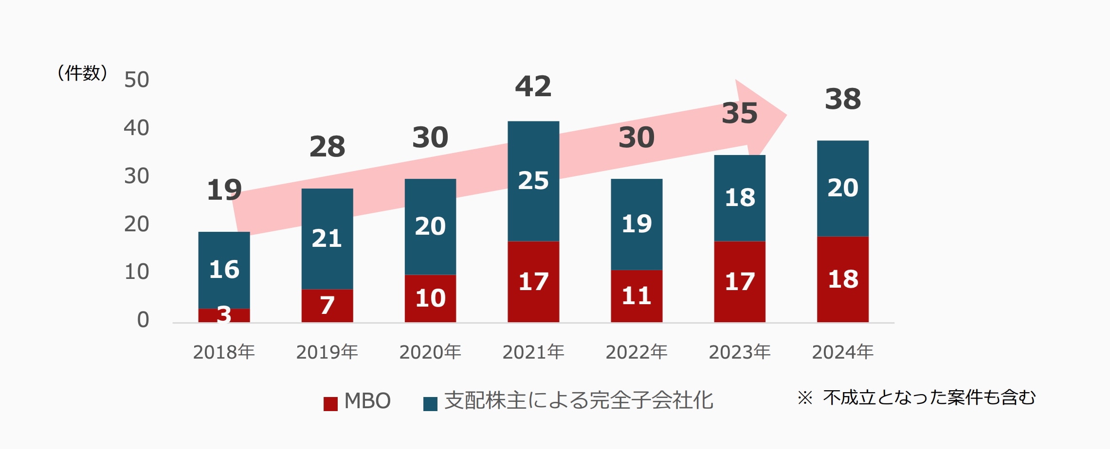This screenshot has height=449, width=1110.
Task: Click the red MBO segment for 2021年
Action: click(x=533, y=281)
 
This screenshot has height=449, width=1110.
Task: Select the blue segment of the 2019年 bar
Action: click(x=327, y=238)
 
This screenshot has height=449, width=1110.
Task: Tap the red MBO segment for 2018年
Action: click(x=224, y=315)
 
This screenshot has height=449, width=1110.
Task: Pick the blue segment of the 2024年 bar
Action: click(x=842, y=188)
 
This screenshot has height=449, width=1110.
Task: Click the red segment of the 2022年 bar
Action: click(x=637, y=295)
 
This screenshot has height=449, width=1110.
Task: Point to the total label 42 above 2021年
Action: click(x=533, y=86)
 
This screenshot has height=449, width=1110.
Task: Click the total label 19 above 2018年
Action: click(x=224, y=190)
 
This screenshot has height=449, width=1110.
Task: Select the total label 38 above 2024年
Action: click(x=843, y=99)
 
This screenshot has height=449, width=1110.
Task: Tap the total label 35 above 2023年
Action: click(x=740, y=113)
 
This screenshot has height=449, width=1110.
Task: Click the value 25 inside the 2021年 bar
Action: click(x=533, y=181)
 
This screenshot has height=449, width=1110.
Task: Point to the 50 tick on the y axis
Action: click(x=136, y=80)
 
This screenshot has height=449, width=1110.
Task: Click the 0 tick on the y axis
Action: click(x=143, y=320)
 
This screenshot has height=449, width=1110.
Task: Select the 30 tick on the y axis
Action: click(x=136, y=176)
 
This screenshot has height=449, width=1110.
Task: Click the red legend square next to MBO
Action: click(x=330, y=404)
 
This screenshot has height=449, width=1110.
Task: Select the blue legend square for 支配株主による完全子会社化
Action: click(x=430, y=404)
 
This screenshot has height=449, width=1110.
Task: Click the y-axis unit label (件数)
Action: click(x=82, y=73)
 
